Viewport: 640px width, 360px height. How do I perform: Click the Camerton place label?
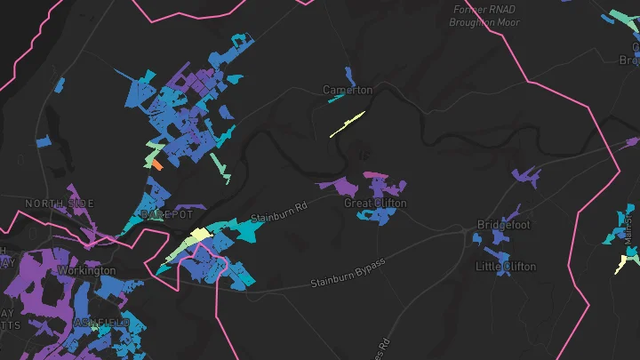point(348,91)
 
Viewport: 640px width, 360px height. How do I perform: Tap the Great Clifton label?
point(375,204)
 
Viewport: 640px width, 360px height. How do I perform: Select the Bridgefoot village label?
point(503,225)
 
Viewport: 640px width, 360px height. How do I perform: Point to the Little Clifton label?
point(506,267)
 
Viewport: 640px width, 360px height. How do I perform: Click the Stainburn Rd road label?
point(278,212)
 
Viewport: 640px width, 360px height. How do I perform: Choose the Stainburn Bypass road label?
point(348,273)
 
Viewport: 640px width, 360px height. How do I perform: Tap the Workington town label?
point(86,270)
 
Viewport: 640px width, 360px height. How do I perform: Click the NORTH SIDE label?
point(59,204)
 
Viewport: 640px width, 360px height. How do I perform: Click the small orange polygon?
point(156,164)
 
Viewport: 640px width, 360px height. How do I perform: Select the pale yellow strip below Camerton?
point(347,124)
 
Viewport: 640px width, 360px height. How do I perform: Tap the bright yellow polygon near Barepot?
point(200,235)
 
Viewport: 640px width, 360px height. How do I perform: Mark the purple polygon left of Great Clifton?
point(338,186)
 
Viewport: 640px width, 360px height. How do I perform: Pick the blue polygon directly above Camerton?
point(349,76)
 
